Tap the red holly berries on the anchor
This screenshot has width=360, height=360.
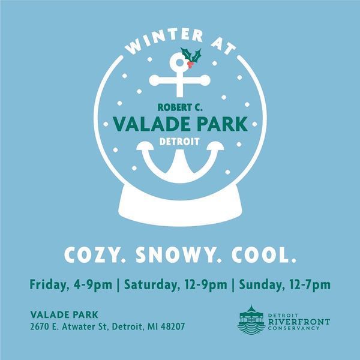click(x=190, y=64)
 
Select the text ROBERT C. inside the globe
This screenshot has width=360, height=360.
click(x=180, y=107)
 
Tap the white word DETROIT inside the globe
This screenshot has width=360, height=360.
click(x=179, y=142)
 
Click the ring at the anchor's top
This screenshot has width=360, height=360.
click(x=179, y=62)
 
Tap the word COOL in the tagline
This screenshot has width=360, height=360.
click(x=263, y=255)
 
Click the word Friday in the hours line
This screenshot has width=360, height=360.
click(x=49, y=285)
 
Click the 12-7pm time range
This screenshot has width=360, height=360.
click(x=310, y=285)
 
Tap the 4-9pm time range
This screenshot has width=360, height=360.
click(x=93, y=285)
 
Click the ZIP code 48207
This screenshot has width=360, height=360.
click(x=173, y=326)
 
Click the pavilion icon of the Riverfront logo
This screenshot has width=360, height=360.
click(x=251, y=320)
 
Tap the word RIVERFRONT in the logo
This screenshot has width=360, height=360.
click(x=299, y=322)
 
